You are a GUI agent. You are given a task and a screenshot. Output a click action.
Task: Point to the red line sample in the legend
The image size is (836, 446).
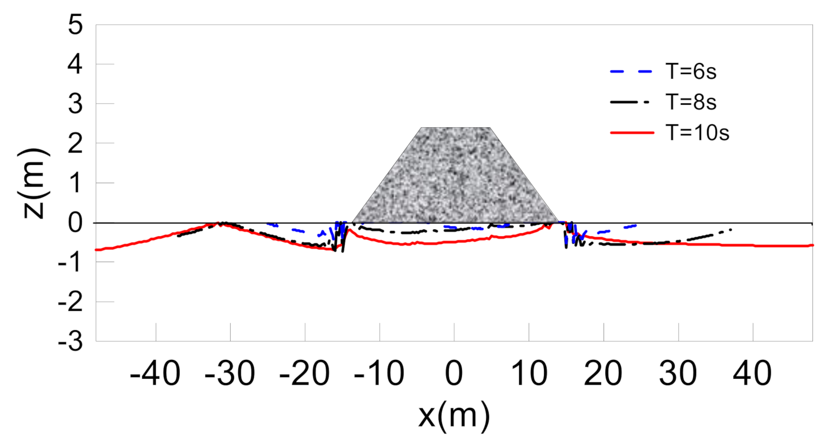point(632,134)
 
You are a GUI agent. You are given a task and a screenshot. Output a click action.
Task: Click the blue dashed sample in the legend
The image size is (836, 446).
point(632,73)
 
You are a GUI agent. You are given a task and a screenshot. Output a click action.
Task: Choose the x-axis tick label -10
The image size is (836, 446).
point(379,373)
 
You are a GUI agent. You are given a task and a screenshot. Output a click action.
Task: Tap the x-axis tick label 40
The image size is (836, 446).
point(753,373)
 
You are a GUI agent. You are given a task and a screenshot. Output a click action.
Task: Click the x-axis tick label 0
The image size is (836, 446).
point(454,373)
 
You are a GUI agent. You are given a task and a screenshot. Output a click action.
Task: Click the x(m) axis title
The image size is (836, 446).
point(454,417)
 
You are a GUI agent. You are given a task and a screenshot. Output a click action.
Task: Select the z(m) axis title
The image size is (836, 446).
point(37,183)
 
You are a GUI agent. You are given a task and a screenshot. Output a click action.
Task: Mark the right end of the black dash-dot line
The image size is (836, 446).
point(732,229)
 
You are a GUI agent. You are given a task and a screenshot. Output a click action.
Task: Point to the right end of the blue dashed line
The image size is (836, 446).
point(635,225)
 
